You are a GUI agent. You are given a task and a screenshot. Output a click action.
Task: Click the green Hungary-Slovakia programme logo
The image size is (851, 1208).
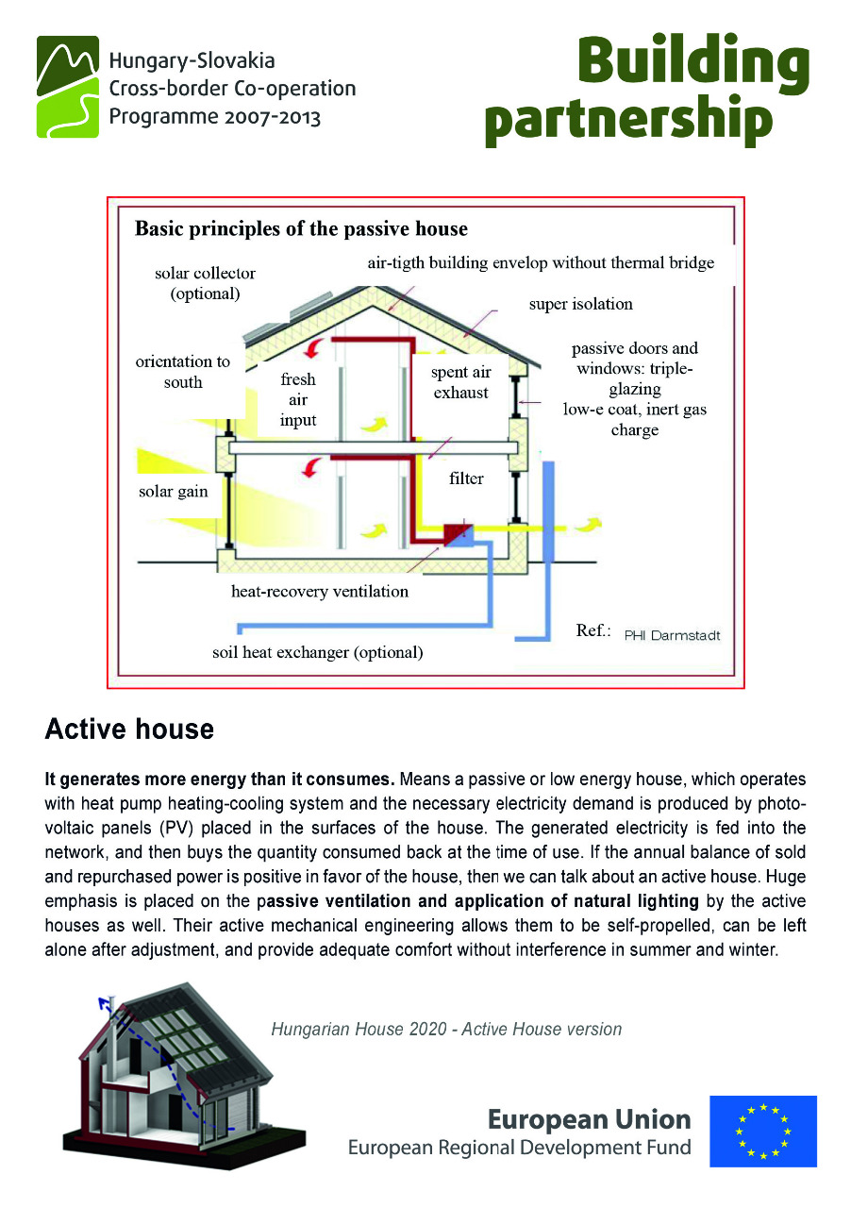(68, 87)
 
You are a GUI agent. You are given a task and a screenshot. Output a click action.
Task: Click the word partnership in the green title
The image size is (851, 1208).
(629, 121)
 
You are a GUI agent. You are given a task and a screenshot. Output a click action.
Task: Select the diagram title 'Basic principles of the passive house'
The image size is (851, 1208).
(301, 229)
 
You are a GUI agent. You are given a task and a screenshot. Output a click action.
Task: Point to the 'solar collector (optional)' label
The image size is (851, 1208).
(206, 283)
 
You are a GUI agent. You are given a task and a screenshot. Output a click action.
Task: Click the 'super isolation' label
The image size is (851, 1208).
(580, 304)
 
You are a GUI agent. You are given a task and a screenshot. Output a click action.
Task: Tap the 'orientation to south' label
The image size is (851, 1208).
(183, 372)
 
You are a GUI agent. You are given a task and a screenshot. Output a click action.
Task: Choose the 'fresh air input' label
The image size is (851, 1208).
(298, 399)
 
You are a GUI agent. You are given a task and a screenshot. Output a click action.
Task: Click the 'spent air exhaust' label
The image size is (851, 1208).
(461, 382)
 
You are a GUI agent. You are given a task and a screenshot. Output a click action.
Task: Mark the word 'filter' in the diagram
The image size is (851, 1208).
(466, 478)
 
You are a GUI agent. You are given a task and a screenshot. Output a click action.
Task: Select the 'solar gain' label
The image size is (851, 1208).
(173, 492)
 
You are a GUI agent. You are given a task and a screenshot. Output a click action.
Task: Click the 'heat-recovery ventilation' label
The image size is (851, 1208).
(320, 592)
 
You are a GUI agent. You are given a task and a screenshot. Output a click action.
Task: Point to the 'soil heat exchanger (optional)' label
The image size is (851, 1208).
(317, 652)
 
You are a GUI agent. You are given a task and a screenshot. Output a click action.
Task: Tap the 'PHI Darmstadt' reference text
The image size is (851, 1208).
(672, 635)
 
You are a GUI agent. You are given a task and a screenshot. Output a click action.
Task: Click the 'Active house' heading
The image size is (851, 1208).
(129, 730)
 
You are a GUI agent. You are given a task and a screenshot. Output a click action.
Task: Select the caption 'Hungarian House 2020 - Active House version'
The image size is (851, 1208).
(446, 1029)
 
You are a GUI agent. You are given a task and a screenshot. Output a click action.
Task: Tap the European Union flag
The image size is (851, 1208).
(763, 1131)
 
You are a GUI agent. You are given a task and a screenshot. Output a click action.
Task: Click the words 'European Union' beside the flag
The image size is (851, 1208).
(589, 1119)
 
